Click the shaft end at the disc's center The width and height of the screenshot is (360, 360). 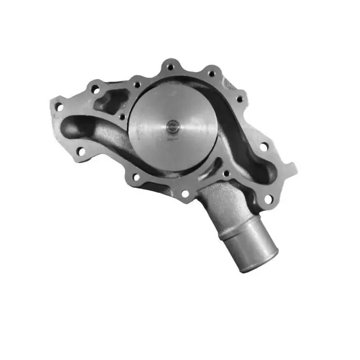point(171,126)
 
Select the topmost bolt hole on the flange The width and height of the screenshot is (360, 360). point(169,67)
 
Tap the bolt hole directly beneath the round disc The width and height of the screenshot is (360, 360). point(185,193)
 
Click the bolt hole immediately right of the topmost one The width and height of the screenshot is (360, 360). point(211,73)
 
